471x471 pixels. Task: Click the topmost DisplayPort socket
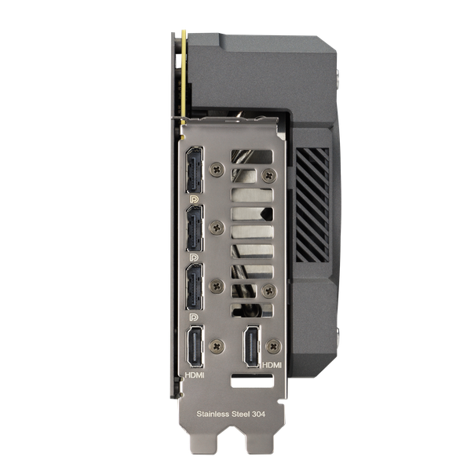coord(195,170)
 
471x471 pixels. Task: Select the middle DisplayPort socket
coord(195,228)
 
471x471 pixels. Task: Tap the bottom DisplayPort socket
coord(195,287)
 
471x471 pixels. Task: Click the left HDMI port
coord(195,347)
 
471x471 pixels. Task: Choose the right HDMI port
coord(252,347)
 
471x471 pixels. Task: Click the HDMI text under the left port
coord(195,375)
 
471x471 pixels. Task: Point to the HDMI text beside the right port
coord(272,365)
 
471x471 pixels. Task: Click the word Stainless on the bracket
coord(213,414)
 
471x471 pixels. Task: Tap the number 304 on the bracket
coord(258,414)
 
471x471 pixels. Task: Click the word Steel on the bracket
coord(240,414)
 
